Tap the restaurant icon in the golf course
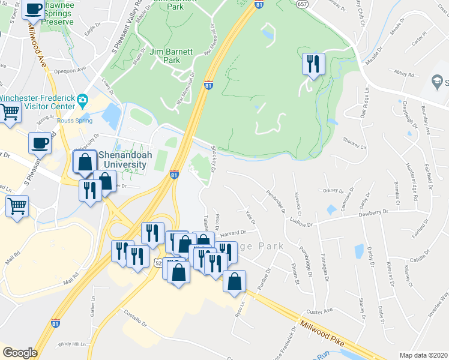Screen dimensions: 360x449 (313, 64)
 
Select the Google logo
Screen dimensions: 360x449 (20, 353)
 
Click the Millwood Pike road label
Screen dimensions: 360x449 (325, 331)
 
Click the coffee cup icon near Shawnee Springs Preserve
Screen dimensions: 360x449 (34, 10)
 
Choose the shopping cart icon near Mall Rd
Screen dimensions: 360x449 (17, 206)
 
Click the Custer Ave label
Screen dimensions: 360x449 (321, 311)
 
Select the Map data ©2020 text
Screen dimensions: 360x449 (424, 355)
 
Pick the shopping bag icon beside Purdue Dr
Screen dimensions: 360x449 (234, 281)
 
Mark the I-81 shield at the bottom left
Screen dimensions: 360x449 (55, 323)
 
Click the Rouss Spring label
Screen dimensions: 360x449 (75, 121)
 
